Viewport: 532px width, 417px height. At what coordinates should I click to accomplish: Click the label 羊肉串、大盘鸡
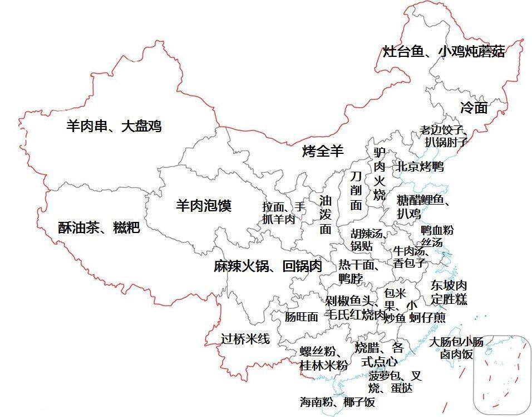[114, 126]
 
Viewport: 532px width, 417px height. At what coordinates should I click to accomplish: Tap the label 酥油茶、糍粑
[98, 227]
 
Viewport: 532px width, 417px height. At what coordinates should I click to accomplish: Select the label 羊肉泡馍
[203, 205]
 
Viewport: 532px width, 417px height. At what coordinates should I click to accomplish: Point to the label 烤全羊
[323, 151]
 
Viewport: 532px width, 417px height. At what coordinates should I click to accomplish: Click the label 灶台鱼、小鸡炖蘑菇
[444, 52]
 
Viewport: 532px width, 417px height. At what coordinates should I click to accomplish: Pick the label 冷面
[474, 108]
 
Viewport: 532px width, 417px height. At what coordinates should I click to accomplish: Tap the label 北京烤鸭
[420, 166]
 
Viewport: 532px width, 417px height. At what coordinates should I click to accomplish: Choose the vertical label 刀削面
[356, 190]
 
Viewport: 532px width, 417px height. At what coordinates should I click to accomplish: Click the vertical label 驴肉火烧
[379, 174]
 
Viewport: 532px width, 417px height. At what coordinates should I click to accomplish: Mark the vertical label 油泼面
[325, 214]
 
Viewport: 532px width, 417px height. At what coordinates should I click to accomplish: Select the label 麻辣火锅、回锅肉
[268, 266]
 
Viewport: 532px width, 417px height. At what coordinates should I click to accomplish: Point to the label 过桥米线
[245, 338]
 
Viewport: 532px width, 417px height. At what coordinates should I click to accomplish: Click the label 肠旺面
[301, 317]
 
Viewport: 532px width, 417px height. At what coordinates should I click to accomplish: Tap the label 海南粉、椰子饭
[337, 401]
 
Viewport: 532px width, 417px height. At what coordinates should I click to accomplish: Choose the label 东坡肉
[449, 285]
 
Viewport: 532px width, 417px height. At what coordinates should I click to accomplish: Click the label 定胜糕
[449, 299]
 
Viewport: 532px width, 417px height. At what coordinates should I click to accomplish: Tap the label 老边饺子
[443, 130]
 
